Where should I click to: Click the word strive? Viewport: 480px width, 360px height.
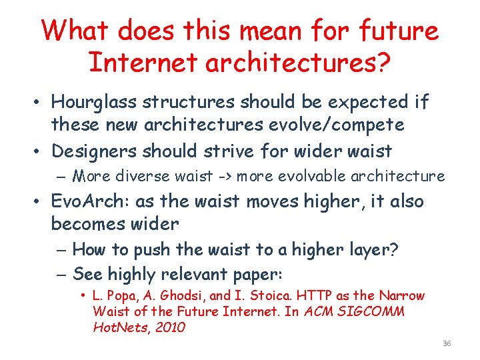click(239, 151)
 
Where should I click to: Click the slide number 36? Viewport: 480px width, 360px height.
click(447, 343)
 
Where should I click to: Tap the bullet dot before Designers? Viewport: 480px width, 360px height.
click(41, 152)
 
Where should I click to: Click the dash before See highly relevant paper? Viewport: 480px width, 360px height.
click(59, 275)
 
